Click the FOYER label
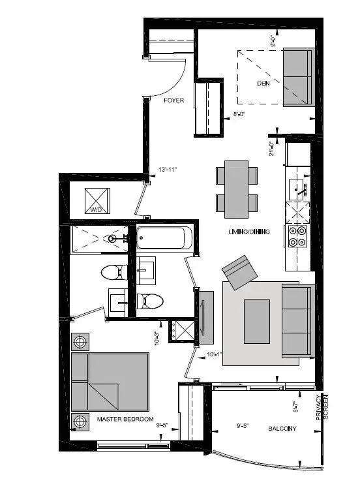tap(173, 100)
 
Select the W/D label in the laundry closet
tap(97, 210)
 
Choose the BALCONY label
tap(282, 429)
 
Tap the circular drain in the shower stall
tap(112, 239)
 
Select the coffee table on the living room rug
tap(257, 320)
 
